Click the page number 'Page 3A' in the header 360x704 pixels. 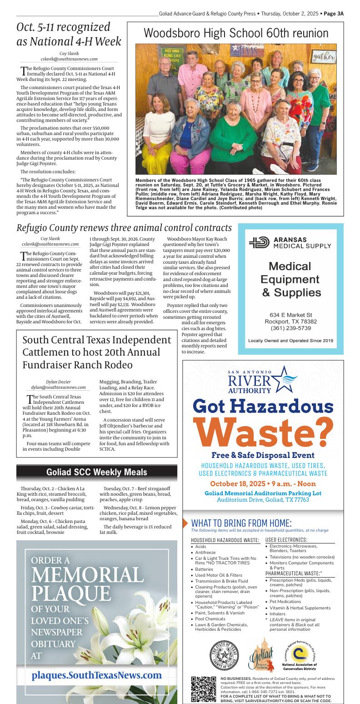334,14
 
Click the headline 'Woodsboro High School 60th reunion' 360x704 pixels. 236,33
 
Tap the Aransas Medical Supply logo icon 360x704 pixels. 259,242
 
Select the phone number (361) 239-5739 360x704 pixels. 291,328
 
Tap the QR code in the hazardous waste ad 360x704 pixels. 203,689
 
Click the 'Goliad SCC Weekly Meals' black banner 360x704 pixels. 97,472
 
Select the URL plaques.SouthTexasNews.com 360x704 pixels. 96,675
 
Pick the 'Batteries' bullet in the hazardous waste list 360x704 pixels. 204,569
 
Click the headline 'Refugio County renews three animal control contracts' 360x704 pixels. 124,228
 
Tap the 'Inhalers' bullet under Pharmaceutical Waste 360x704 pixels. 277,613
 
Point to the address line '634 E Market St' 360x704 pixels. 291,315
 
